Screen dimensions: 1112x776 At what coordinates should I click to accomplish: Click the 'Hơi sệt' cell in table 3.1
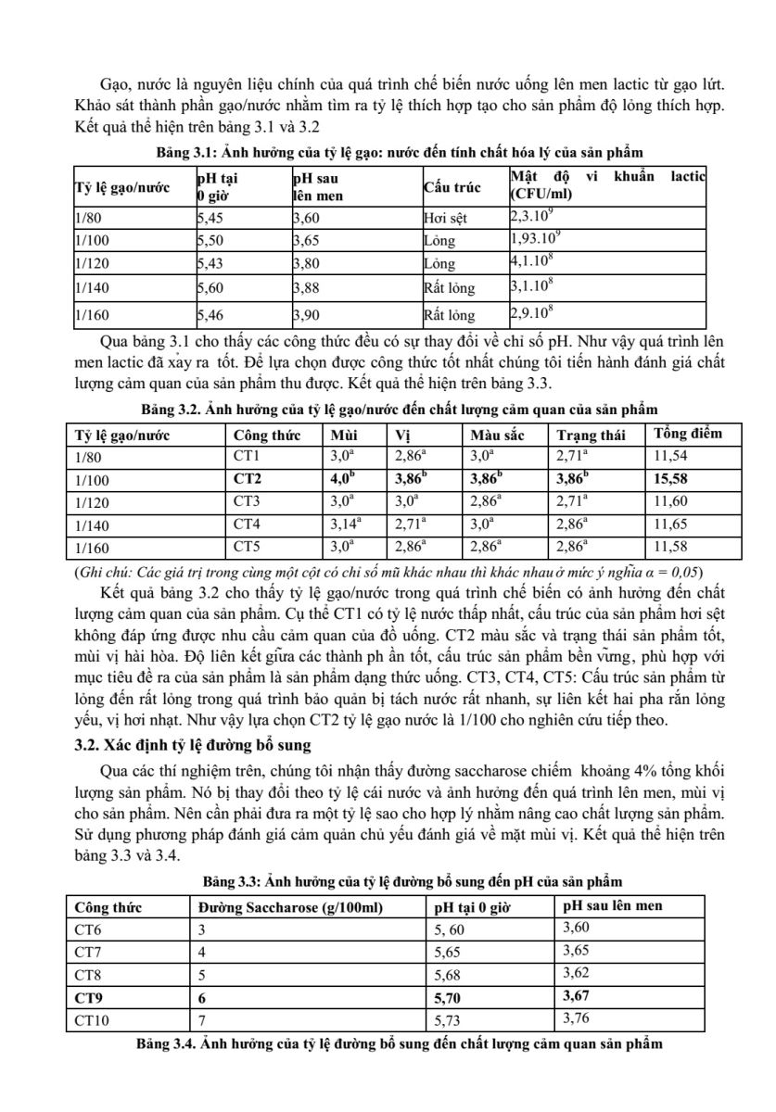coord(440,218)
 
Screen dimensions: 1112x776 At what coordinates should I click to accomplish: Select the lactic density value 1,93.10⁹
coord(535,240)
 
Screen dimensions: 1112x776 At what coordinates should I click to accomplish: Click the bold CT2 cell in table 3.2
coord(248,478)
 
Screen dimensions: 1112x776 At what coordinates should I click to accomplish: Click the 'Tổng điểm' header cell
coord(687,434)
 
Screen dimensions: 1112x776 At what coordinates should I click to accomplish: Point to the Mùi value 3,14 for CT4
coord(345,523)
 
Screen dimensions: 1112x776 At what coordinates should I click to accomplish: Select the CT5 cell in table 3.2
coord(248,545)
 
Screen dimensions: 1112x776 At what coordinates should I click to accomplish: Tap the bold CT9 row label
coord(89,997)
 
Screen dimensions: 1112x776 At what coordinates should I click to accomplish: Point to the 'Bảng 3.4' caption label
coord(164,1043)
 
